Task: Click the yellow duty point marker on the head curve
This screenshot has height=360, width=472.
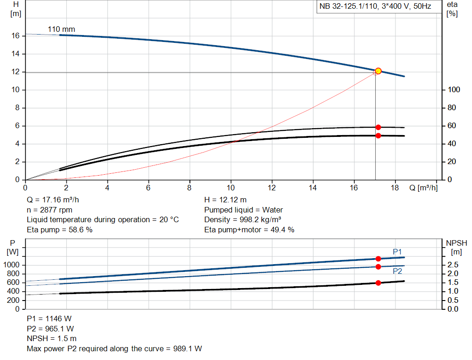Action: tap(378, 71)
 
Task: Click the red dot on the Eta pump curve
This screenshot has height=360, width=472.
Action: tap(378, 127)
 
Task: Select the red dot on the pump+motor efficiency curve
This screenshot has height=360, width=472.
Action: tap(378, 136)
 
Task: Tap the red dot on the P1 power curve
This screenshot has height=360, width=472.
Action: tap(378, 259)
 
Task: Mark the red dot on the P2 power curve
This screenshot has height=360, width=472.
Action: tap(378, 267)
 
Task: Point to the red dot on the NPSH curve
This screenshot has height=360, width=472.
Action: tap(378, 283)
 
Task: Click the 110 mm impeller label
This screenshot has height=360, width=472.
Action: tap(61, 30)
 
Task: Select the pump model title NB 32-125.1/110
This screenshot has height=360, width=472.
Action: tap(376, 7)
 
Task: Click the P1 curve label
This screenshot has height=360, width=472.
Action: tap(397, 252)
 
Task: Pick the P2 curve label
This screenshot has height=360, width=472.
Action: tap(397, 271)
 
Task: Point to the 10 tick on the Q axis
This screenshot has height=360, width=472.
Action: tap(231, 188)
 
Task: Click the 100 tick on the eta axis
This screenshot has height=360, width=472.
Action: tap(452, 90)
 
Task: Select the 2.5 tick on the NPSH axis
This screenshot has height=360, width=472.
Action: tap(452, 265)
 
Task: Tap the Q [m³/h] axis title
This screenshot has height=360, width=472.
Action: tap(423, 188)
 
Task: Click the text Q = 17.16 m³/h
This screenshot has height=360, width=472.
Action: tap(57, 200)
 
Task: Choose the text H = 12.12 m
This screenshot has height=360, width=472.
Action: tap(225, 200)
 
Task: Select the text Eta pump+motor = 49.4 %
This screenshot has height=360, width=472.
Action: tap(249, 230)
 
